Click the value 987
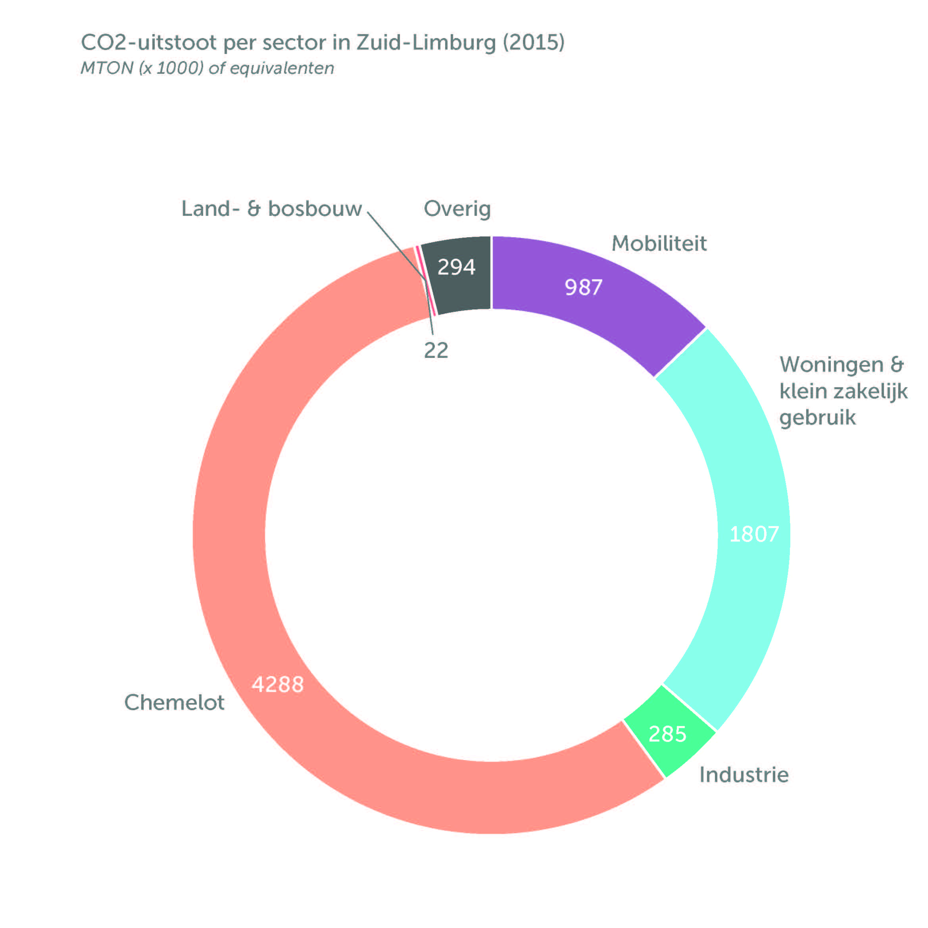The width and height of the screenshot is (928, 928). [583, 288]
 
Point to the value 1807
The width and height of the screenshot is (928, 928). [754, 534]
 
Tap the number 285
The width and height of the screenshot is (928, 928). [667, 734]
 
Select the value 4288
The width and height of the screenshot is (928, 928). [278, 684]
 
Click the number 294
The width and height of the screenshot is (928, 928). [456, 267]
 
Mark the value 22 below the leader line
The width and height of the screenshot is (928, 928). [436, 351]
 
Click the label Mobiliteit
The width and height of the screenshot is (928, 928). [659, 244]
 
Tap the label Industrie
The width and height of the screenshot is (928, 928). [744, 775]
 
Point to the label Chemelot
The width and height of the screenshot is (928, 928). [174, 703]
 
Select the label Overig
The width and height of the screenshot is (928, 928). [457, 209]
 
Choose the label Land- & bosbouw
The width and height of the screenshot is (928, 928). [271, 209]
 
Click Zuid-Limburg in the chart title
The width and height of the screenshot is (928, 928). [426, 43]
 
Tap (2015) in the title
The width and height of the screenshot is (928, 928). [534, 43]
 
